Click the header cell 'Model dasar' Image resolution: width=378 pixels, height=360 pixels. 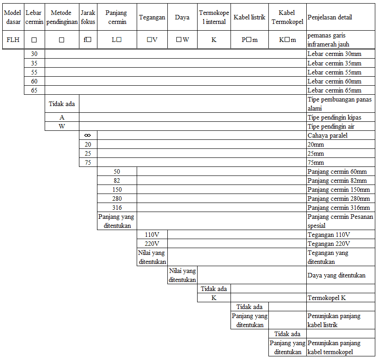click(x=12, y=18)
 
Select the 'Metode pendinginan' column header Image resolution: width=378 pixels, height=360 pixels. click(x=62, y=18)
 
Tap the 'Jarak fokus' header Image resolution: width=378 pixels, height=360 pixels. click(x=88, y=18)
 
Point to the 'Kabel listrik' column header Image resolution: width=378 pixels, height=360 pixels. click(x=249, y=18)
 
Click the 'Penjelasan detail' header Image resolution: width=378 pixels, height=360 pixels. click(x=330, y=18)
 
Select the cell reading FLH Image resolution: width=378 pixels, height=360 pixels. click(x=12, y=40)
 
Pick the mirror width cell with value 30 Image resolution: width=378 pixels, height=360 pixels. click(x=34, y=54)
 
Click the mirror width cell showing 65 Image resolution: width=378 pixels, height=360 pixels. click(x=34, y=90)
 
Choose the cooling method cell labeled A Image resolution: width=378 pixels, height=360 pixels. click(x=62, y=117)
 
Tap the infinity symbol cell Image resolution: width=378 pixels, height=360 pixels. click(x=88, y=135)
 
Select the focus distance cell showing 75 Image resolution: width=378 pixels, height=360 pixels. click(x=88, y=162)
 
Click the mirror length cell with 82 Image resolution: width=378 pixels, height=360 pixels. click(x=117, y=180)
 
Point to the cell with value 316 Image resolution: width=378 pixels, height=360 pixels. click(x=117, y=208)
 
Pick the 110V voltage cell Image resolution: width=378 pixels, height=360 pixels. click(x=152, y=235)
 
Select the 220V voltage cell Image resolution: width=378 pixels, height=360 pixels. click(x=152, y=244)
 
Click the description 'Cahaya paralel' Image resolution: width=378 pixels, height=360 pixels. click(x=327, y=135)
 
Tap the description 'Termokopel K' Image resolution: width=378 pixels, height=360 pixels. click(x=327, y=298)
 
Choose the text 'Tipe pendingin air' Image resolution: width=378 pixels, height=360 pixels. click(x=331, y=126)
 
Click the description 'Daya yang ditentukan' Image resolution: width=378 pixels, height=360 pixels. click(x=336, y=275)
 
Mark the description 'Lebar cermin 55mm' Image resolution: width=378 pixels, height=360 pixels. click(x=334, y=72)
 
